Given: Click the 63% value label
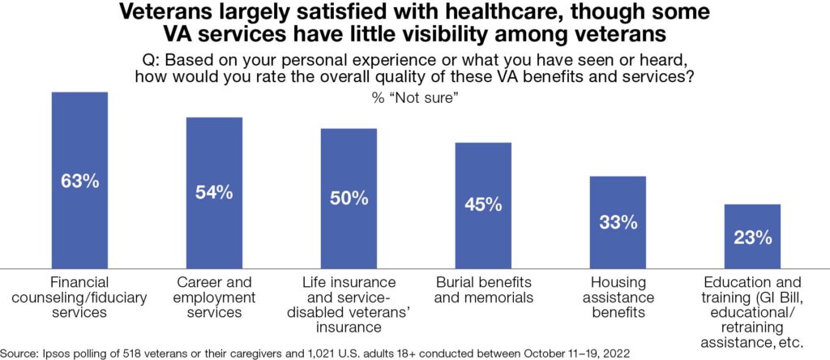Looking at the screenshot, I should point(79,181).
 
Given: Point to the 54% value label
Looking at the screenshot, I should point(214,192).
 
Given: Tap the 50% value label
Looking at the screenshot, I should point(349,198).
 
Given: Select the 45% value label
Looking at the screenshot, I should point(483,204).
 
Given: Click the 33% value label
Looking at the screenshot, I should point(618,221).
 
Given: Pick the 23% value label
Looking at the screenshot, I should point(752,238).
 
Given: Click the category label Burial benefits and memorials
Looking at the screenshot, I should point(483,290).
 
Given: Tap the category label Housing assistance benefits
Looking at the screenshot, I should point(618,298).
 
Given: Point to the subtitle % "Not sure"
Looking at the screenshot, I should point(415,96).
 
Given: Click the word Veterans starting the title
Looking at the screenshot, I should point(162,14).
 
